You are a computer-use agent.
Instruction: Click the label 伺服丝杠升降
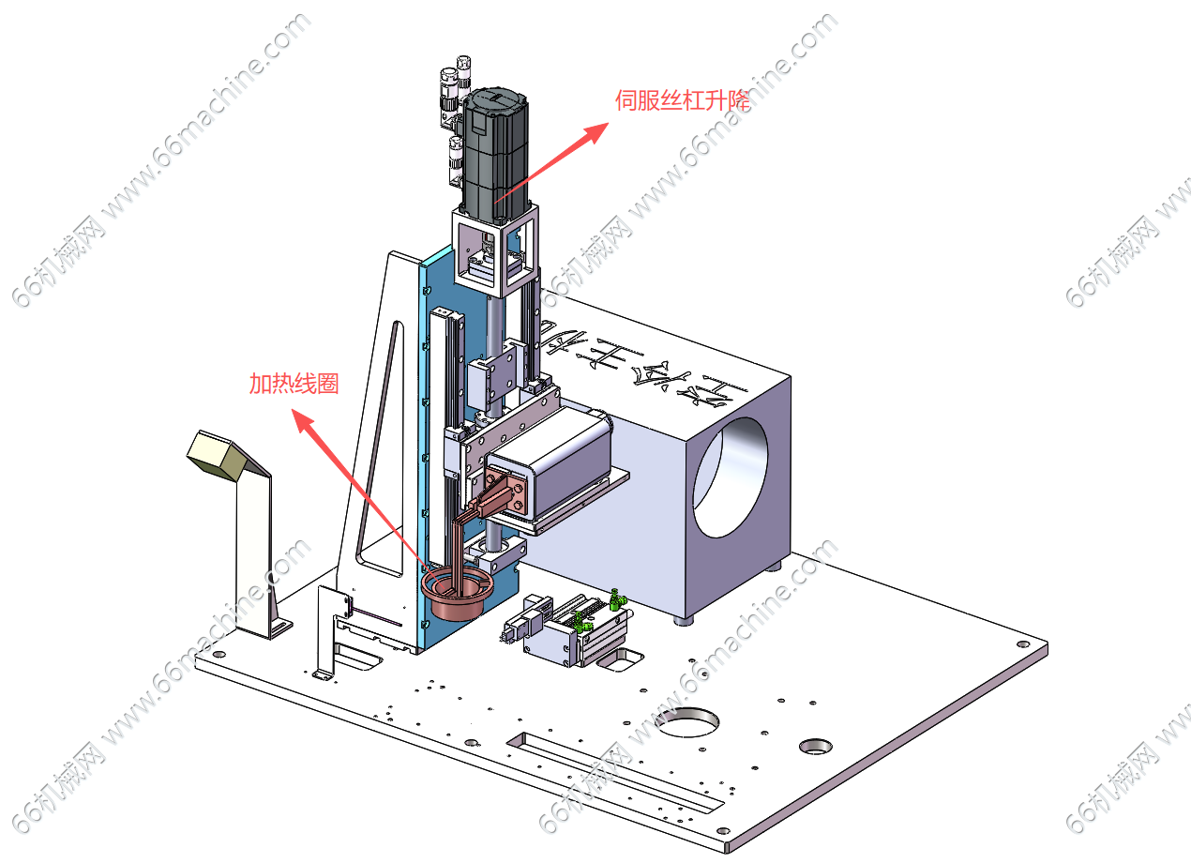(x=682, y=100)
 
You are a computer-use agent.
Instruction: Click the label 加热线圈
(x=293, y=384)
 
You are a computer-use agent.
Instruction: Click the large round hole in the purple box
(x=735, y=477)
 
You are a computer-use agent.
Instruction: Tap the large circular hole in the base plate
(x=687, y=721)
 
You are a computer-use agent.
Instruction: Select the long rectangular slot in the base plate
(x=613, y=773)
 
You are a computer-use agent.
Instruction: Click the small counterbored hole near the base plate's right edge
(x=815, y=747)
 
